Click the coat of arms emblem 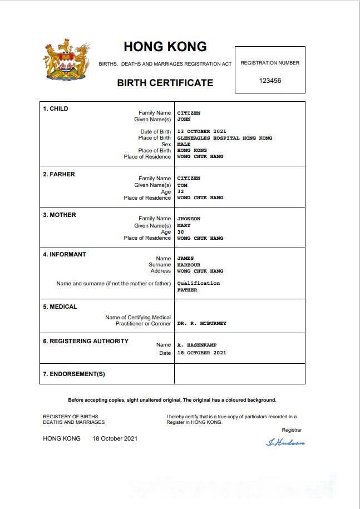(x=66, y=60)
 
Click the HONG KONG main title (x=165, y=47)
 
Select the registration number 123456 (x=270, y=81)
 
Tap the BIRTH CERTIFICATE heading (x=165, y=83)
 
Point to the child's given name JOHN (x=184, y=120)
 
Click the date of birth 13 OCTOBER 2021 (x=201, y=132)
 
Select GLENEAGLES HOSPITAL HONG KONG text (x=225, y=138)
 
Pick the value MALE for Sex (x=184, y=144)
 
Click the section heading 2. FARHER (x=59, y=174)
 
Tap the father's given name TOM (x=182, y=185)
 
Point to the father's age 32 (x=180, y=192)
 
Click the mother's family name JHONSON (x=189, y=219)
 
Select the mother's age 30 (x=180, y=232)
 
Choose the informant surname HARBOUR (x=189, y=265)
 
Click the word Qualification (x=199, y=283)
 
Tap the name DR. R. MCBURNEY (x=202, y=323)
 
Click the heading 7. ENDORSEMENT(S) (x=74, y=374)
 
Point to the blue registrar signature (x=285, y=443)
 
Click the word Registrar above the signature (x=292, y=430)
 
